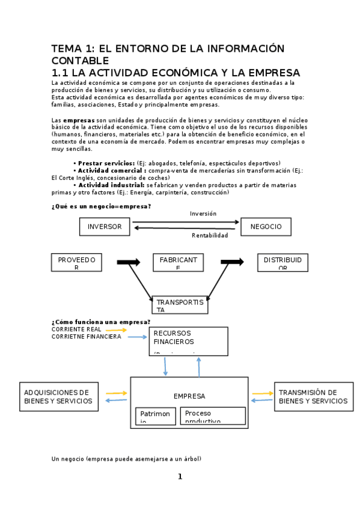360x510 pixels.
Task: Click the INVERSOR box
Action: [105, 227]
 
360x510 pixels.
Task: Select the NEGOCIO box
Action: [266, 227]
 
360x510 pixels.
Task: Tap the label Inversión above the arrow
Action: [203, 214]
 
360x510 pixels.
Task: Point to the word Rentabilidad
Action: [210, 236]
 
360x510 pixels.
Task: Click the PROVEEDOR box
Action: [76, 262]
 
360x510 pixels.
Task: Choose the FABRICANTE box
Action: [178, 262]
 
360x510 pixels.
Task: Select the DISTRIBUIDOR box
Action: [282, 262]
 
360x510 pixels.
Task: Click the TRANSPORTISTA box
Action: [180, 305]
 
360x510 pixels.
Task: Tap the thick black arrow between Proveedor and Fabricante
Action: [128, 262]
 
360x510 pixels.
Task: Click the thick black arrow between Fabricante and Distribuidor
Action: [232, 262]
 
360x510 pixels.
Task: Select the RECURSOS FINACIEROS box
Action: [188, 341]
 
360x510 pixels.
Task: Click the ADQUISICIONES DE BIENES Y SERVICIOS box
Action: [58, 396]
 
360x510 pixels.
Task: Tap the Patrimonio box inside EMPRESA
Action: [155, 416]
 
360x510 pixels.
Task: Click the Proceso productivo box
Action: [213, 416]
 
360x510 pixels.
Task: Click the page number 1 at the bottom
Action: [180, 477]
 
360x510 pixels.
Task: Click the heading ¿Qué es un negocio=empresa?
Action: [101, 206]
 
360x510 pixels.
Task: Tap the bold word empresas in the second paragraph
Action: [79, 120]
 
